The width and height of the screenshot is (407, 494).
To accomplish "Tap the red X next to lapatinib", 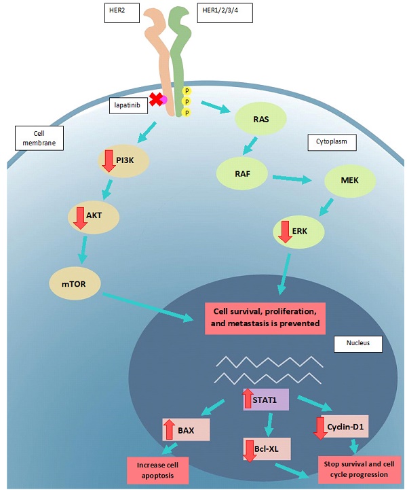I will tap(156, 99).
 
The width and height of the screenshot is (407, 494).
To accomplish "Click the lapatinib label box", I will tap(128, 105).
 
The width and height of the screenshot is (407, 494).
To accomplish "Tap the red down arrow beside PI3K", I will tap(108, 161).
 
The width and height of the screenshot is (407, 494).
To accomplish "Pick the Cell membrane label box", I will tap(36, 138).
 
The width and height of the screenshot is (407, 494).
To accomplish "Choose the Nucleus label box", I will tap(357, 344).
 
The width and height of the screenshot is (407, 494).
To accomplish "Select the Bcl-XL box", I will tap(266, 449).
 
